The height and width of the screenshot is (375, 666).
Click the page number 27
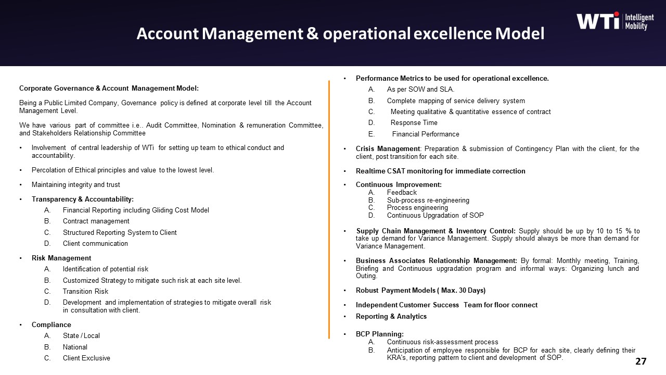(x=641, y=361)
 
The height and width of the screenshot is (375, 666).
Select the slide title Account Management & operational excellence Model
(x=340, y=34)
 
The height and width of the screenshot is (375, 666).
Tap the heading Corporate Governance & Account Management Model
(x=109, y=88)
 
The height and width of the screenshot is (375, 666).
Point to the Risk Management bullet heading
(x=61, y=258)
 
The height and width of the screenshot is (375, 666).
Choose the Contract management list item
(x=96, y=221)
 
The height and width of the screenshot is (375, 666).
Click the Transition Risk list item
(x=85, y=291)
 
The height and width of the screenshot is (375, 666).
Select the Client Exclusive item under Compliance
(x=86, y=358)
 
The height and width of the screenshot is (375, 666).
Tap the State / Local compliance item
(x=81, y=336)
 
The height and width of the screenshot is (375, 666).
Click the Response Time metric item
(x=414, y=123)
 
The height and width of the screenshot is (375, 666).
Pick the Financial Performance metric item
(x=426, y=134)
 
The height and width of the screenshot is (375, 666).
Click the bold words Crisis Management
(x=388, y=149)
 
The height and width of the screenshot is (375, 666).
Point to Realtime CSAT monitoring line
(x=440, y=171)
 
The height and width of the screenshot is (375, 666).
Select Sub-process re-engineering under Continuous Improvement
(x=428, y=200)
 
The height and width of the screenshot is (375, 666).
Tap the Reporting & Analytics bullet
(x=391, y=316)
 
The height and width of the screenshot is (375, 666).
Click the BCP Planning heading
(x=379, y=334)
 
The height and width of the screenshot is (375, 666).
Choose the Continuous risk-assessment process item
(x=442, y=342)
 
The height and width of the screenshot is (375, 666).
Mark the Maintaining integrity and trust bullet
(x=75, y=185)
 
